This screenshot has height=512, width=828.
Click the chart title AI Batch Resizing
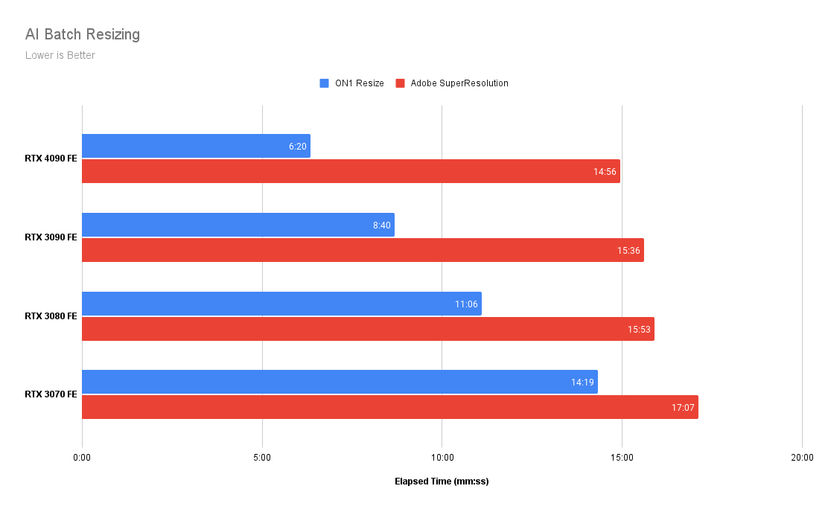(83, 34)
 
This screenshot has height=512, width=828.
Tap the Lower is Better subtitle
(60, 55)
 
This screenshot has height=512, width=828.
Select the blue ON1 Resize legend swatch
(324, 83)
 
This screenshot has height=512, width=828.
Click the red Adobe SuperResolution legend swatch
(400, 83)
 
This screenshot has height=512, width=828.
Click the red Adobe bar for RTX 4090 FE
(351, 171)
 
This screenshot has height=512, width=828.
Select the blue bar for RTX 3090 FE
(238, 225)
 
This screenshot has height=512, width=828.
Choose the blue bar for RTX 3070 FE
(340, 382)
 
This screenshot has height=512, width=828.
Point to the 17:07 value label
(683, 408)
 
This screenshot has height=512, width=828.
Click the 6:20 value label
(298, 147)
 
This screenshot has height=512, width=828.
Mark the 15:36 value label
(628, 251)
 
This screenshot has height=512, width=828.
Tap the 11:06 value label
(466, 304)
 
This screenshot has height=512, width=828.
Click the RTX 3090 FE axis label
(51, 237)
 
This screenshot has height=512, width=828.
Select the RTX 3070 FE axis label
(51, 394)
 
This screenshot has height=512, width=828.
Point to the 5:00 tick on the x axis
(262, 457)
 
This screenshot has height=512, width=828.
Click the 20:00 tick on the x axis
(801, 457)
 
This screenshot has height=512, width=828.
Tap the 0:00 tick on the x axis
(82, 457)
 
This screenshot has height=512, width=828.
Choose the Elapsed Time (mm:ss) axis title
(442, 481)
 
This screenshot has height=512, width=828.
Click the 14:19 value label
(582, 383)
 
